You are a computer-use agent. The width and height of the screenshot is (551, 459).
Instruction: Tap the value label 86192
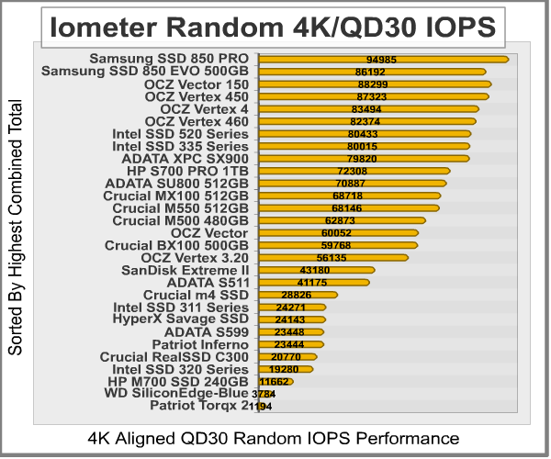coord(370,71)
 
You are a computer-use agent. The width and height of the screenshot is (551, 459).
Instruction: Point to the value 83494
coord(363,108)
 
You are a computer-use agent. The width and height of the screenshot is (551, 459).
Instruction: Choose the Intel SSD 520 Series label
coord(180,133)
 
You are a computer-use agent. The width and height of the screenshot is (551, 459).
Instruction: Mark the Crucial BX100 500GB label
coord(176,245)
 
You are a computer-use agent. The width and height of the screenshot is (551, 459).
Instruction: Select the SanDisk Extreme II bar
coord(317,270)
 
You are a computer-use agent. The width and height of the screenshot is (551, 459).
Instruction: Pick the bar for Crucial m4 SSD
coord(298,295)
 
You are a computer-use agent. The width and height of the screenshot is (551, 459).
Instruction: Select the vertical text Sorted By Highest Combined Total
coord(15,240)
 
